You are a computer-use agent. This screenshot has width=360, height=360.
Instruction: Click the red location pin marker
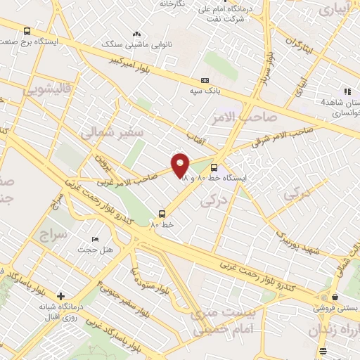181,165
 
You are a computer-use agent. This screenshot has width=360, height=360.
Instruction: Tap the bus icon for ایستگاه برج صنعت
27,31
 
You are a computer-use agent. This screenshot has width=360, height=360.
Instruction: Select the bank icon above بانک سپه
205,80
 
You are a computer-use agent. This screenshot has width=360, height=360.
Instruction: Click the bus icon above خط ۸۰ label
162,213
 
